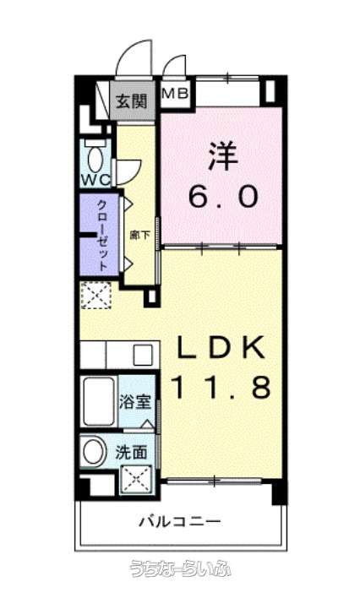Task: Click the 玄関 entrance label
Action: (x=132, y=101)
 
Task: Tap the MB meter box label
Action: (x=175, y=93)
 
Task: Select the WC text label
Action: (x=95, y=180)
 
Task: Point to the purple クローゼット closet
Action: (x=99, y=234)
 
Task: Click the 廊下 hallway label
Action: (x=139, y=235)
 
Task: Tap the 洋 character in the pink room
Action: (x=223, y=156)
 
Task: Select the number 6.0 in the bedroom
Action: (x=224, y=197)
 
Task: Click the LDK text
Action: (x=221, y=347)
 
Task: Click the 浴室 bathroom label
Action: (x=134, y=402)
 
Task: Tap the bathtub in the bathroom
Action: (x=99, y=401)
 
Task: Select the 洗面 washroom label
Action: (x=131, y=453)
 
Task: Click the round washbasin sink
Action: (x=94, y=451)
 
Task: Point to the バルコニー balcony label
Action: (x=179, y=521)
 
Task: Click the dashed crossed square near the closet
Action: (x=95, y=295)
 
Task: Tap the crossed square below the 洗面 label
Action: (x=136, y=479)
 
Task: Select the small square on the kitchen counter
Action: (x=143, y=355)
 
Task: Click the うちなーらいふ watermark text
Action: (x=180, y=568)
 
